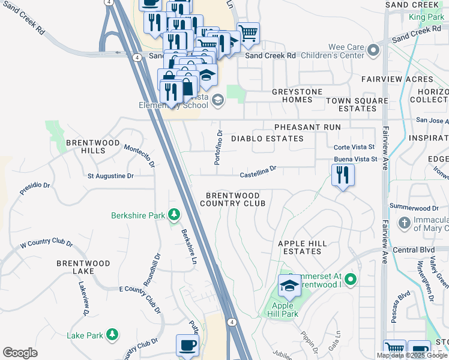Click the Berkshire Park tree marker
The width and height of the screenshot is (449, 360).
[x=174, y=214]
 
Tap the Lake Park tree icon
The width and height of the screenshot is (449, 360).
[x=112, y=334]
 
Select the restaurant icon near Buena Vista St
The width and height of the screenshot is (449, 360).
[x=343, y=175]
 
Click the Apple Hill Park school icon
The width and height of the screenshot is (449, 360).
[x=289, y=286]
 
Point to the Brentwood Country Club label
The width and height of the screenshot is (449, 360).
[x=233, y=200]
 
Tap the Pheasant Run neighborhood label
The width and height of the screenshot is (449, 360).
[x=307, y=127]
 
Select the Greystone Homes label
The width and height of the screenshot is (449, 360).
[x=297, y=96]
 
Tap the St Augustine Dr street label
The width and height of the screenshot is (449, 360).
[x=110, y=176]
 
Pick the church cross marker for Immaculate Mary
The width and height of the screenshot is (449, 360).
[x=405, y=223]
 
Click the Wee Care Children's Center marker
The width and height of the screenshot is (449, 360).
[x=374, y=50]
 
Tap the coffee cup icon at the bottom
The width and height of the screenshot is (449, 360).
[x=187, y=346]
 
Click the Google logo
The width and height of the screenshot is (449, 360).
[x=20, y=353]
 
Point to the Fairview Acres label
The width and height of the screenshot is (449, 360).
[x=397, y=79]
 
